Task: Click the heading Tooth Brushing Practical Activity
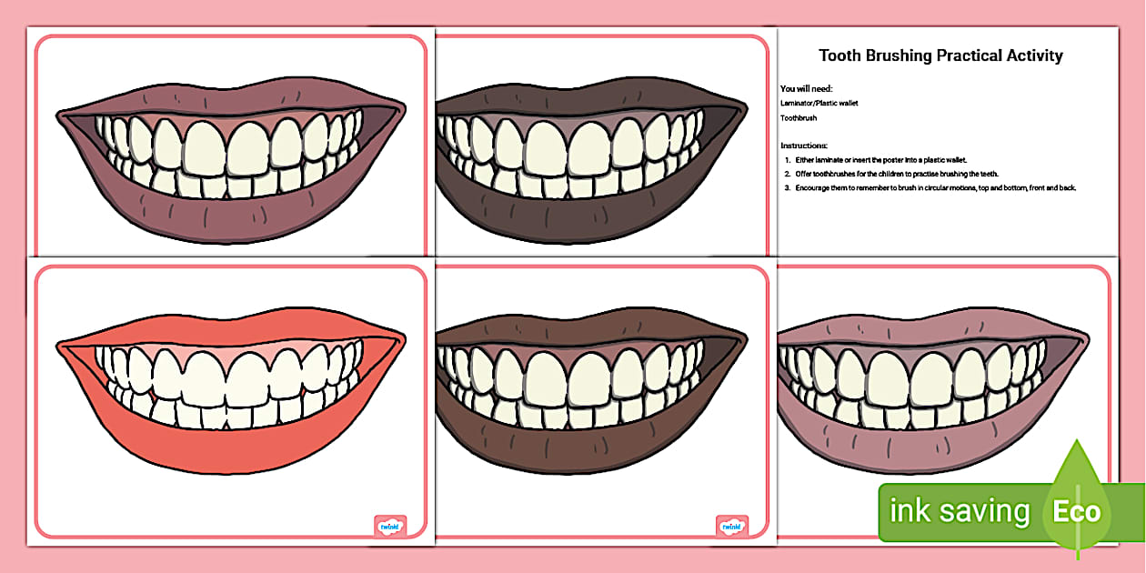[940, 55]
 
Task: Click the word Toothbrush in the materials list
[799, 118]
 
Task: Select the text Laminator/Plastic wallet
[819, 103]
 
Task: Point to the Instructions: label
[804, 146]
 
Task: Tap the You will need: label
[807, 88]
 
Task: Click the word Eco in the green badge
[1076, 511]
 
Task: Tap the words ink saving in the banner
[959, 511]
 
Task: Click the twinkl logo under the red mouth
[390, 525]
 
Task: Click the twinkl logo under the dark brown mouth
[732, 525]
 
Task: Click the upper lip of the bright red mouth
[227, 327]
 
